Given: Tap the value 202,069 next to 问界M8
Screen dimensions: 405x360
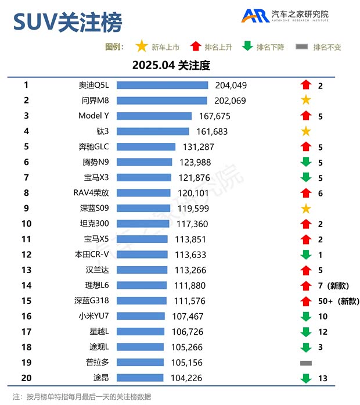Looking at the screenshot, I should (230, 101).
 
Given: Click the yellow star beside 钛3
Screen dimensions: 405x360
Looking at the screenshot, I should (306, 131).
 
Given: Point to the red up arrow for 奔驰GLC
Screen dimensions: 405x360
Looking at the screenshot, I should (306, 147).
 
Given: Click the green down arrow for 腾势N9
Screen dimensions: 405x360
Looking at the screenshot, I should (306, 162).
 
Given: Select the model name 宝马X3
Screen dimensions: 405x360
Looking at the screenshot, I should (95, 177).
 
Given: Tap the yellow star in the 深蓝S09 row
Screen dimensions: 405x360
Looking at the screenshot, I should (306, 209).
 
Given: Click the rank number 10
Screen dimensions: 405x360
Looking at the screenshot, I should (26, 224).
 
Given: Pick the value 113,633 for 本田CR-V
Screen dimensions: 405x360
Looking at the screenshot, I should (190, 255).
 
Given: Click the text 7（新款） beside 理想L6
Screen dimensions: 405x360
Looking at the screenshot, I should (332, 285).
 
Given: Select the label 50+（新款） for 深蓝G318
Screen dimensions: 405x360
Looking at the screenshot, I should (339, 301).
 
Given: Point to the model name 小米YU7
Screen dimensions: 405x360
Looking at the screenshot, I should (93, 316).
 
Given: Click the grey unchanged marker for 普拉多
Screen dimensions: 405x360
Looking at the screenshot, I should (306, 363).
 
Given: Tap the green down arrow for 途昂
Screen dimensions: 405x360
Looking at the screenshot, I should (306, 378).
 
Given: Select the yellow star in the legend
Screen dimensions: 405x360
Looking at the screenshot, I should (141, 46).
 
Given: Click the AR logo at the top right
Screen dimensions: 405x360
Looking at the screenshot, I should (255, 16).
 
